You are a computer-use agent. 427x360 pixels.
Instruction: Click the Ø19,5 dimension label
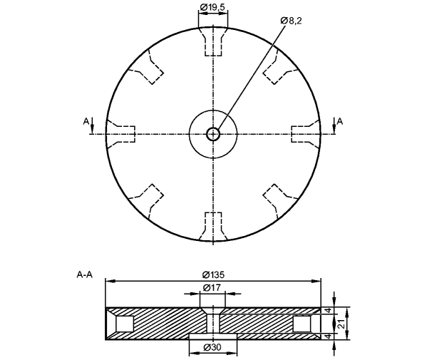[x=212, y=7]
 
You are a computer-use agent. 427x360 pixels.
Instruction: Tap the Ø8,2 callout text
[x=291, y=21]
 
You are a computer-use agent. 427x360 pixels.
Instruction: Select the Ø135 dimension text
[x=213, y=275]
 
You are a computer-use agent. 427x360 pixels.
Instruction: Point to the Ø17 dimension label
[x=212, y=287]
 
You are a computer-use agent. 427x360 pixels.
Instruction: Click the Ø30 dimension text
[x=212, y=347]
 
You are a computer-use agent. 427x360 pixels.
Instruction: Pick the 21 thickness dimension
[x=343, y=324]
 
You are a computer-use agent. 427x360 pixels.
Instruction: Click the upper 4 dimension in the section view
[x=329, y=310]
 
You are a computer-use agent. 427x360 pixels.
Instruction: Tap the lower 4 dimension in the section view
[x=329, y=336]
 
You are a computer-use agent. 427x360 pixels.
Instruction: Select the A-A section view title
[x=85, y=275]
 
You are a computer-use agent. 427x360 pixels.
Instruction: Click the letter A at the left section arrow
[x=86, y=121]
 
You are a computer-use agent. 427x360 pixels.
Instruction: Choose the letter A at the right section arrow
[x=340, y=121]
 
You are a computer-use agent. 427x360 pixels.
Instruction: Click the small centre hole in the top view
[x=213, y=134]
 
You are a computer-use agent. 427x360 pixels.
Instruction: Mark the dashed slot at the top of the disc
[x=213, y=41]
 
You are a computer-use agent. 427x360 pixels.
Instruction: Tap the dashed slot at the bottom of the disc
[x=213, y=227]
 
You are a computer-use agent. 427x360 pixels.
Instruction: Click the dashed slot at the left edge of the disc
[x=120, y=134]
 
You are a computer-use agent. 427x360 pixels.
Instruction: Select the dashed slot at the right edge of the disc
[x=306, y=134]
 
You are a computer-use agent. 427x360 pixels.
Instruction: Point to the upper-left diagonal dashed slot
[x=146, y=67]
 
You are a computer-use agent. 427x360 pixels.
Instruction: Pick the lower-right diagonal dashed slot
[x=281, y=202]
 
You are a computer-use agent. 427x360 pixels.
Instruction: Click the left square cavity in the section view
[x=125, y=324]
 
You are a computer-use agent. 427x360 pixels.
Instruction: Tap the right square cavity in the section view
[x=302, y=324]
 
